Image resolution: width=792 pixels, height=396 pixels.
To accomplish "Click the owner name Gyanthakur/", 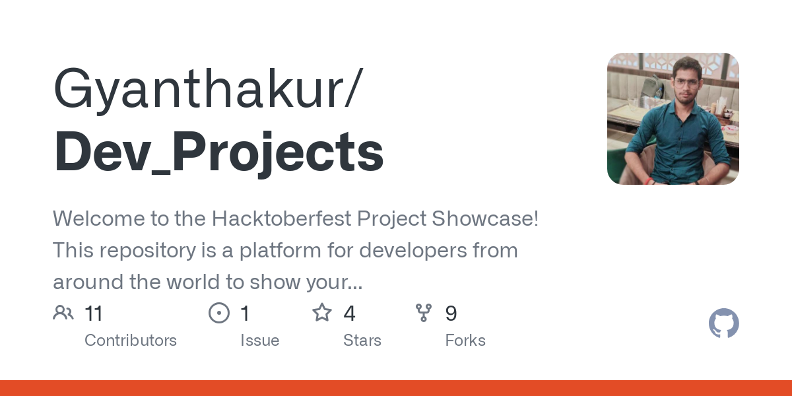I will [x=207, y=89].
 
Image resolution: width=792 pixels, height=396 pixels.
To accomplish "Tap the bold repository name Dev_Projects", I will [x=218, y=152].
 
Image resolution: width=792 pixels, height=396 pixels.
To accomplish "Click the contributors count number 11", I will [x=94, y=313].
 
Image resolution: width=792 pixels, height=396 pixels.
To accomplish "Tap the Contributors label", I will [x=131, y=341].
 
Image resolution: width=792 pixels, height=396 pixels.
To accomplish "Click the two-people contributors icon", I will [x=63, y=313].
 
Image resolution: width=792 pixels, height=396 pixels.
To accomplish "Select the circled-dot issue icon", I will [x=219, y=313].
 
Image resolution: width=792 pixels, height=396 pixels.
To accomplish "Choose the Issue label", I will [x=259, y=341].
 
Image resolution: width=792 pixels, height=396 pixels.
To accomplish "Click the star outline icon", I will [x=322, y=313].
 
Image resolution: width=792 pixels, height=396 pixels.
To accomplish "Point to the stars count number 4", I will [x=349, y=313].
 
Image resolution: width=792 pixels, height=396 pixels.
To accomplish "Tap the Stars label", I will [x=362, y=341].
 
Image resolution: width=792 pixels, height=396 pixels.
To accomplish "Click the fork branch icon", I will [x=424, y=313].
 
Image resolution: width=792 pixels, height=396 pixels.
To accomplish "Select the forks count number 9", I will [x=451, y=313].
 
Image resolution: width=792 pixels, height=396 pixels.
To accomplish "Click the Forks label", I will [x=465, y=341].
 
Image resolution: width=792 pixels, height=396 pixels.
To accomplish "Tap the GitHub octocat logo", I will [x=723, y=324].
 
